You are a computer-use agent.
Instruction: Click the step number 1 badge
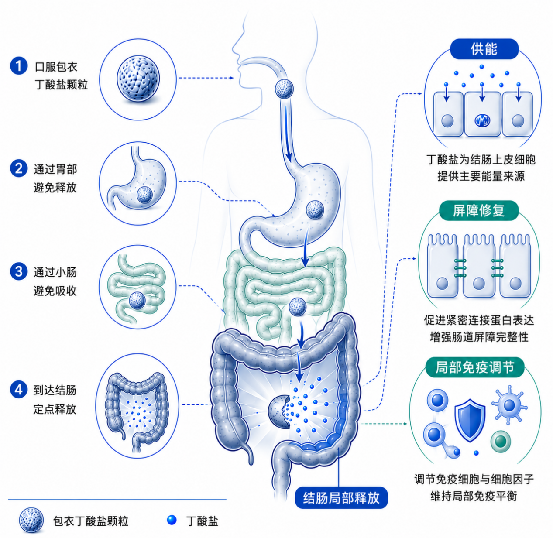coord(19,66)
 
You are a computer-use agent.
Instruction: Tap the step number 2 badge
coord(19,168)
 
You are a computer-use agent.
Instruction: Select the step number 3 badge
coord(19,271)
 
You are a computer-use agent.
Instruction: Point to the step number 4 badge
coord(19,390)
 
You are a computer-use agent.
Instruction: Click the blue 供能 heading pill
coord(484,49)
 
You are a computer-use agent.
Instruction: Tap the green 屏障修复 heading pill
coord(479,210)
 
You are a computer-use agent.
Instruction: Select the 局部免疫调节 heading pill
coord(475,367)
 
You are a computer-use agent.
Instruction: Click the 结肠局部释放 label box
coord(341,498)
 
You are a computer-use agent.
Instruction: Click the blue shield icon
coord(470,420)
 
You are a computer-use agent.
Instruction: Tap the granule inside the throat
coord(284,89)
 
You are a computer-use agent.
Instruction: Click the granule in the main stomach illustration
coord(315,209)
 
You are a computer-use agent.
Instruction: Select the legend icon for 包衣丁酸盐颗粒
coord(31,521)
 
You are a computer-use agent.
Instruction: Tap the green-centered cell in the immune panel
coord(501,442)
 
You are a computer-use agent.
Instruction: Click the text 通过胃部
coord(55,169)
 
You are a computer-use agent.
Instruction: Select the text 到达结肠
coord(55,390)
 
